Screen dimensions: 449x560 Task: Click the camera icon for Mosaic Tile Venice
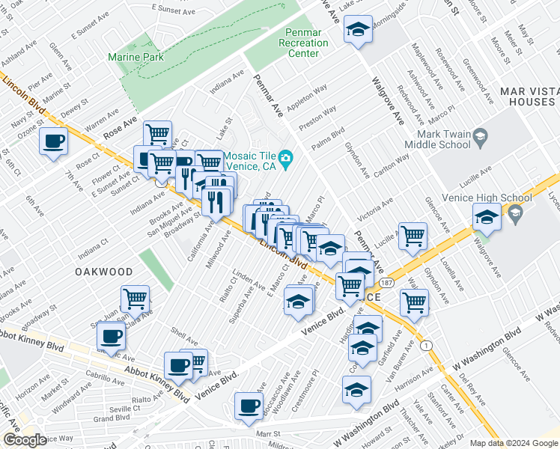(285, 159)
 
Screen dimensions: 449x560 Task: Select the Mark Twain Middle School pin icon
(481, 135)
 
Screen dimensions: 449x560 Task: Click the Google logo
(24, 441)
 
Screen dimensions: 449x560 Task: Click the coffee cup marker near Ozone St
(53, 141)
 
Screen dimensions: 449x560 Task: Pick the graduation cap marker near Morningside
(359, 30)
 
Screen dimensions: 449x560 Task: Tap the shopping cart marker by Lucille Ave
(413, 236)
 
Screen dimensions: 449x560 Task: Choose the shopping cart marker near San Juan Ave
(135, 299)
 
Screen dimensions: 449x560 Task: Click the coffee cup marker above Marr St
(249, 406)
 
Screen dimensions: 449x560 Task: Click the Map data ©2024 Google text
(514, 443)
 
